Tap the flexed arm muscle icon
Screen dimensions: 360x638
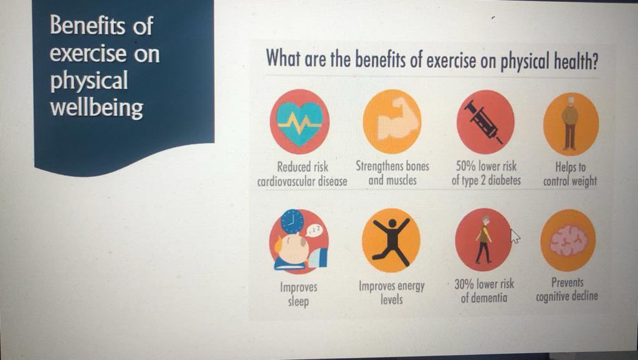(392, 120)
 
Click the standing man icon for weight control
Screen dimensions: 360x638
(570, 123)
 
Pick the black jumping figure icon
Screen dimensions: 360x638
(391, 240)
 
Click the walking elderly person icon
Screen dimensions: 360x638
(483, 239)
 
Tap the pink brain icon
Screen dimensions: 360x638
(568, 240)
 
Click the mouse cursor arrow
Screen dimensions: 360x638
(515, 237)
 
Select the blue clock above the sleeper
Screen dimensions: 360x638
(292, 221)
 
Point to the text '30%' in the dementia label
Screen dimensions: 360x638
(464, 284)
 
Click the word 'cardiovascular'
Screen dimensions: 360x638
(283, 182)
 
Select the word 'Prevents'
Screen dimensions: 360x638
(567, 283)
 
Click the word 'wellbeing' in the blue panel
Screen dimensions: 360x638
(97, 108)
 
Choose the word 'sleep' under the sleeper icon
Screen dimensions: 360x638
(298, 302)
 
